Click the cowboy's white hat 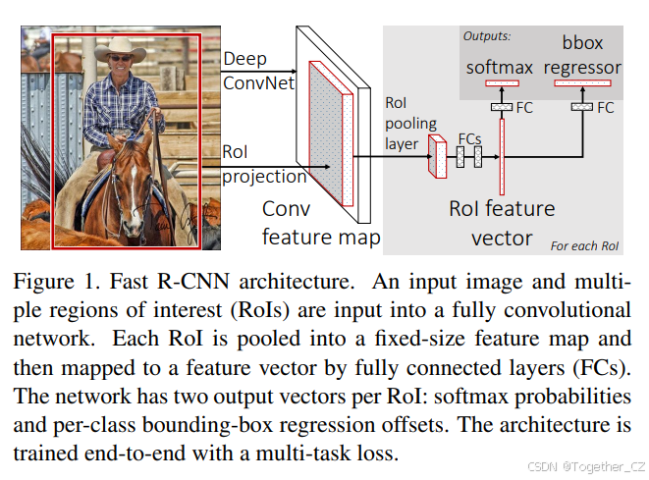[127, 48]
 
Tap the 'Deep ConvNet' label [258, 71]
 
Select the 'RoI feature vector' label [503, 223]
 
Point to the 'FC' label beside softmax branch [524, 106]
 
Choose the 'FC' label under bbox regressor [606, 106]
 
